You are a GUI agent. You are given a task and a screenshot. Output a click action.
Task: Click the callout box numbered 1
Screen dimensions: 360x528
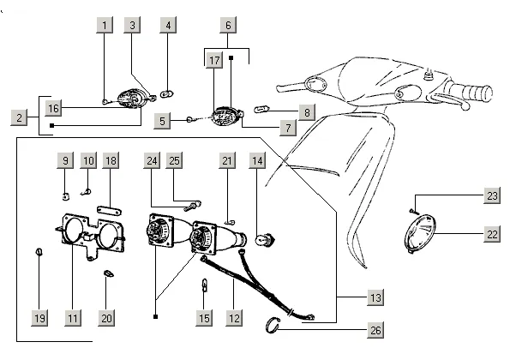click(x=105, y=26)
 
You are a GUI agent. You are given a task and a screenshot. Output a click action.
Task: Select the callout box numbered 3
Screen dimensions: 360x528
click(x=132, y=26)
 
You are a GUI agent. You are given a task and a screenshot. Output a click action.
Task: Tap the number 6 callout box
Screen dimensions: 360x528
click(x=227, y=26)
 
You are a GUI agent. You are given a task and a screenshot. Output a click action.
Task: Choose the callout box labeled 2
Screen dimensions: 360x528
click(x=18, y=117)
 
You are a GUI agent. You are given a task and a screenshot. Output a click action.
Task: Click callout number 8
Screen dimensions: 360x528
click(x=306, y=111)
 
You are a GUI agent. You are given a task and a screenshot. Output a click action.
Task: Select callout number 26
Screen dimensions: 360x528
click(x=375, y=330)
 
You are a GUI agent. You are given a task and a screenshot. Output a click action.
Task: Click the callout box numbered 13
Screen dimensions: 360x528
click(x=375, y=297)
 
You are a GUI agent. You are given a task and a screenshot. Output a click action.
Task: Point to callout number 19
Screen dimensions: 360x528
click(x=39, y=318)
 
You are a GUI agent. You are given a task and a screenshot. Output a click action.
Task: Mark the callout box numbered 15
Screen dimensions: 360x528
click(x=203, y=318)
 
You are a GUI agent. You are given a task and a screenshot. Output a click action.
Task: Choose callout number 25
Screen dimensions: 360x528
click(x=175, y=160)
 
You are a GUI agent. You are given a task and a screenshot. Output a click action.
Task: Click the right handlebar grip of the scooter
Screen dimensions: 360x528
click(x=473, y=89)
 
